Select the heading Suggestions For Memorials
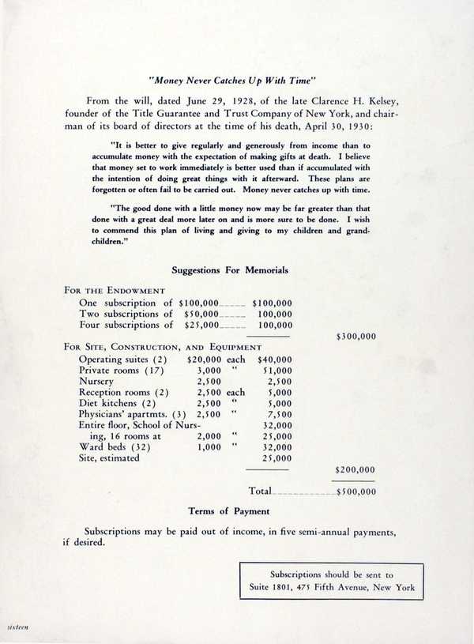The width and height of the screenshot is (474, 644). click(230, 270)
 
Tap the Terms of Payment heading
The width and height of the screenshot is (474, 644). click(228, 511)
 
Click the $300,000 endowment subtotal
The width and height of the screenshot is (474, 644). click(355, 336)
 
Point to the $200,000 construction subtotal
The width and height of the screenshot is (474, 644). click(355, 469)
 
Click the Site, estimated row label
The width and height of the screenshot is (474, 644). click(109, 458)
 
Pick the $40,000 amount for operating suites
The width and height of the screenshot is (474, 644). click(275, 359)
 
